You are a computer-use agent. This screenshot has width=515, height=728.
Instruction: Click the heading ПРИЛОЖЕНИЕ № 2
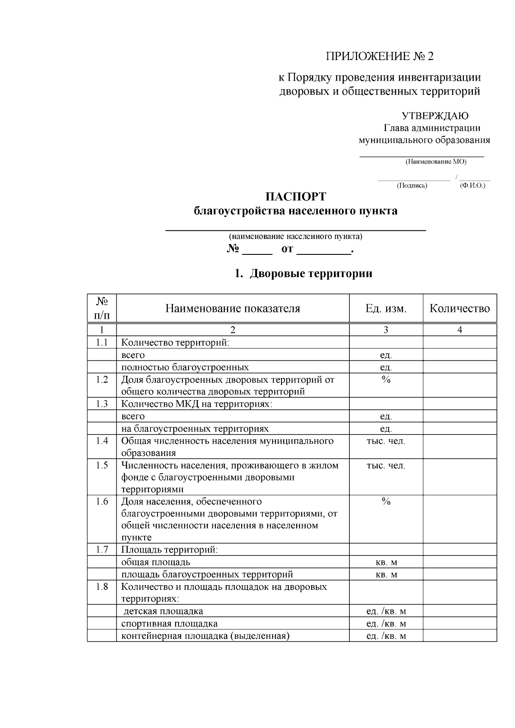tap(380, 56)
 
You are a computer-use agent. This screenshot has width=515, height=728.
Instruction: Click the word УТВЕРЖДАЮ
tap(435, 116)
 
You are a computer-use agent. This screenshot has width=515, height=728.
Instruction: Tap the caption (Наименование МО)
tap(436, 162)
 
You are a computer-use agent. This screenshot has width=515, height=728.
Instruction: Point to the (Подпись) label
tap(412, 185)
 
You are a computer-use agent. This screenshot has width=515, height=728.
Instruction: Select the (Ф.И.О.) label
tap(472, 185)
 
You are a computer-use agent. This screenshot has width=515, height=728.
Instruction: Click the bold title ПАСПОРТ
tap(296, 197)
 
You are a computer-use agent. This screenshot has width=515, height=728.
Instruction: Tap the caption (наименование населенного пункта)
tap(295, 236)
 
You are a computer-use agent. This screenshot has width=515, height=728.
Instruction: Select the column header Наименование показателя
tap(233, 308)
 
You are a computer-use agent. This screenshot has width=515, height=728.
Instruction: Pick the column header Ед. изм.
tap(385, 308)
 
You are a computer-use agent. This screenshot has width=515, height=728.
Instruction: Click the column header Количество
tap(460, 308)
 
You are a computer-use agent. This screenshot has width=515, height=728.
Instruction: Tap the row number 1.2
tap(102, 380)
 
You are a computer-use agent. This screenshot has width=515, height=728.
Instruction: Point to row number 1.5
tap(102, 465)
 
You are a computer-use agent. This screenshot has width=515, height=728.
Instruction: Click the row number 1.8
tap(102, 587)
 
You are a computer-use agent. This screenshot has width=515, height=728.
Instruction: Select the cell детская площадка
tap(164, 611)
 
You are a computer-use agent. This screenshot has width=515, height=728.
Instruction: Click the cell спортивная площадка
tap(169, 624)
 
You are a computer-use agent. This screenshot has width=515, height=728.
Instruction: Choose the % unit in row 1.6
tap(385, 501)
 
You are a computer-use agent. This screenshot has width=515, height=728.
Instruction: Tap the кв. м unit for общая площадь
tap(386, 562)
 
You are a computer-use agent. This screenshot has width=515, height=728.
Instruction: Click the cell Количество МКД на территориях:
tap(197, 404)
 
